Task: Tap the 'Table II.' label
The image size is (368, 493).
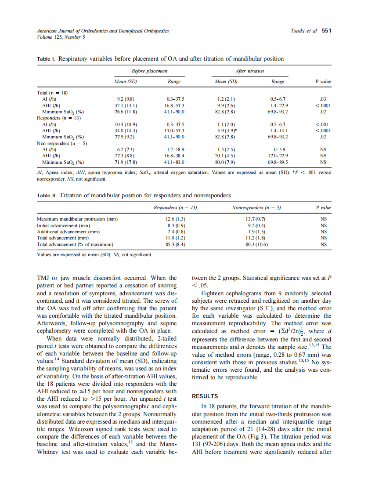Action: (x=47, y=195)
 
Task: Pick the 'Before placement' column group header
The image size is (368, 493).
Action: (x=150, y=71)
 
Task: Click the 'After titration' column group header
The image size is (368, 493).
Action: (x=249, y=71)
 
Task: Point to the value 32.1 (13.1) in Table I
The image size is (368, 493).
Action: (x=126, y=105)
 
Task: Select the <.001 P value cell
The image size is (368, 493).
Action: (x=323, y=124)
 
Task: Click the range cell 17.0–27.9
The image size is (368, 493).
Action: (x=278, y=156)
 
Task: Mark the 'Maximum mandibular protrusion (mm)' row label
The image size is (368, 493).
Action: (x=77, y=219)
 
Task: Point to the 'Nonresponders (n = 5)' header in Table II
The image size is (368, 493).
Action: (x=256, y=207)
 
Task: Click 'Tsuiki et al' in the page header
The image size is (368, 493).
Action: (x=303, y=31)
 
